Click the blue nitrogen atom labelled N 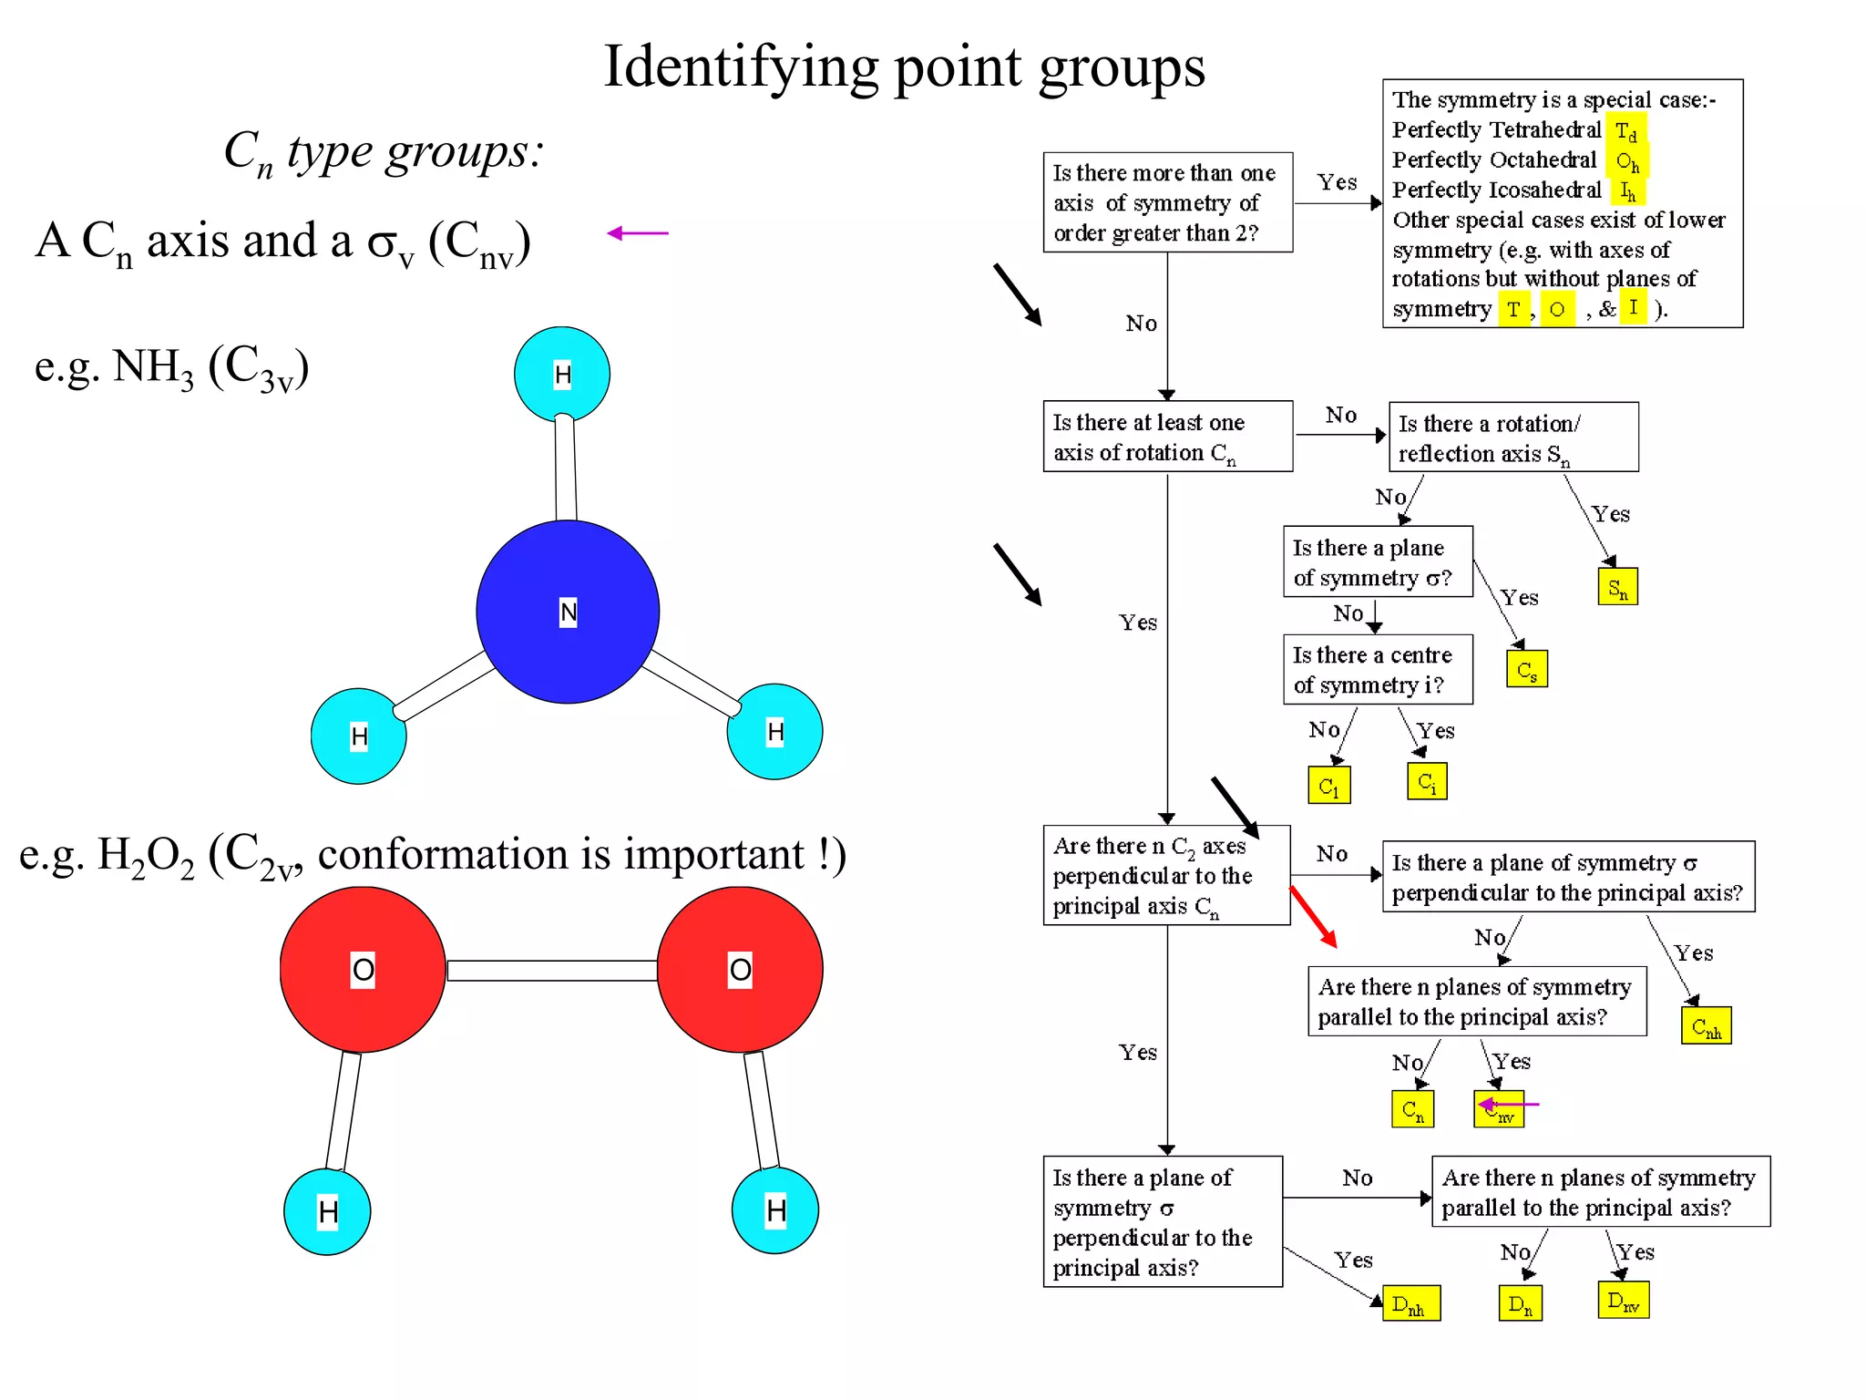[x=567, y=612]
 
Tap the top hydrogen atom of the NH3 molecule [x=562, y=374]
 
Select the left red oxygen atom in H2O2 [x=363, y=969]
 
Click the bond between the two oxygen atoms [x=551, y=970]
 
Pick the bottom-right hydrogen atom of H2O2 [x=775, y=1210]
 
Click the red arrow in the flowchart [x=1313, y=916]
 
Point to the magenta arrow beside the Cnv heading [x=637, y=233]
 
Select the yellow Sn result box [x=1617, y=586]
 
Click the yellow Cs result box [x=1526, y=669]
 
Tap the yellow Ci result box [x=1426, y=781]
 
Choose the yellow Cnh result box [x=1706, y=1025]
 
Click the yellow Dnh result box [x=1410, y=1303]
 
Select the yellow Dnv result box [x=1623, y=1300]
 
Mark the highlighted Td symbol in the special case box [x=1625, y=130]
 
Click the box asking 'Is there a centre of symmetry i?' [x=1377, y=669]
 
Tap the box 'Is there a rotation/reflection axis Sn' [x=1512, y=437]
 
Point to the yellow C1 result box [x=1328, y=785]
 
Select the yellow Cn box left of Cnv [x=1412, y=1108]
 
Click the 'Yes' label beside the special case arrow [x=1337, y=182]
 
